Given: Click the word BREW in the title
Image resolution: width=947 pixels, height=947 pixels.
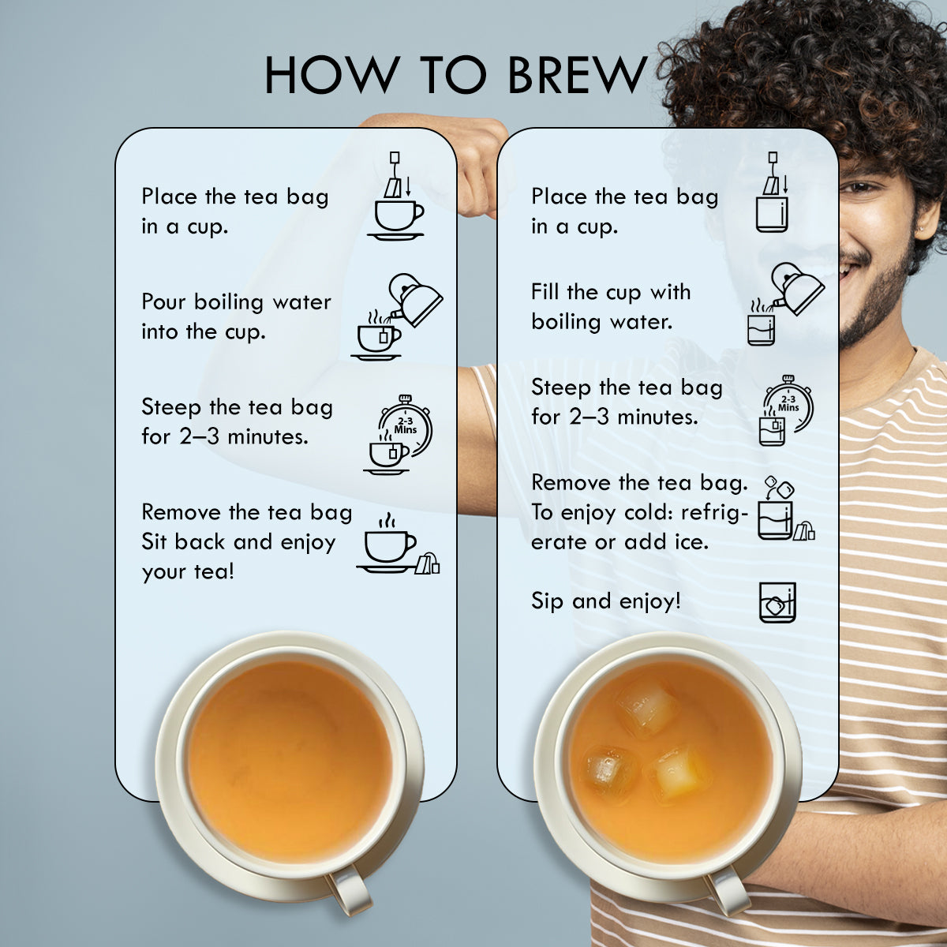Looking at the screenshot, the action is (x=577, y=75).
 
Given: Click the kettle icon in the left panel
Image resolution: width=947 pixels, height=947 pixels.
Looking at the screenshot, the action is (x=416, y=300).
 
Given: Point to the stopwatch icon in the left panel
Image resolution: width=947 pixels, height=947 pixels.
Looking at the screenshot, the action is (x=406, y=425).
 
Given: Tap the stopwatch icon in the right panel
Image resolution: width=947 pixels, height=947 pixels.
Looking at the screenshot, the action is (x=788, y=403).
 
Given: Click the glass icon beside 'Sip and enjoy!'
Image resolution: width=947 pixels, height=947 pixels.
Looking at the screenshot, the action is (x=777, y=602).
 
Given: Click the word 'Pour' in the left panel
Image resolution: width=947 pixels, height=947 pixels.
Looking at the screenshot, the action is (x=163, y=301).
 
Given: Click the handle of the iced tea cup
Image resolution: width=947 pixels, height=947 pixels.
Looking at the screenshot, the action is (x=726, y=892).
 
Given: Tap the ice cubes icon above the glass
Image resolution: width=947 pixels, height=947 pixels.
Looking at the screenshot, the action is (x=780, y=487).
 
